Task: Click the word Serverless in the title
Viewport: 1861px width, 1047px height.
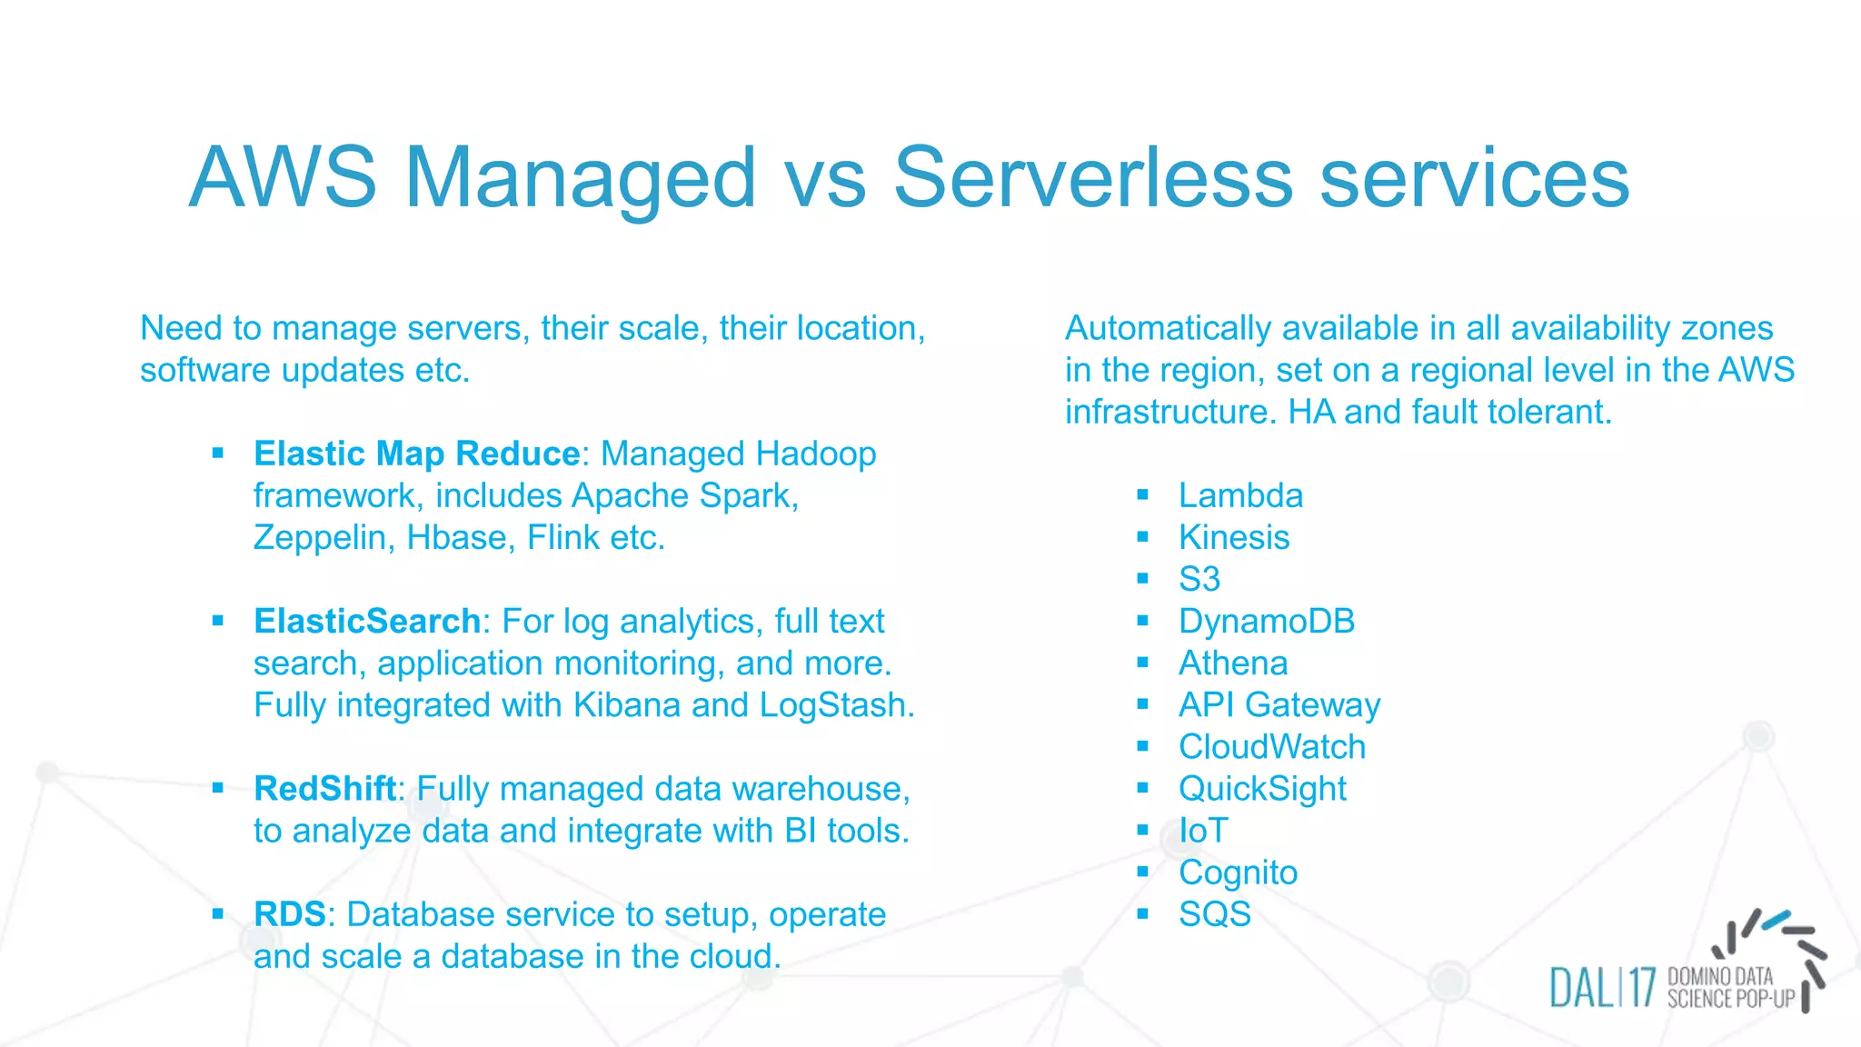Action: pos(1092,177)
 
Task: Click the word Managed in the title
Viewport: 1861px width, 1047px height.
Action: pos(580,177)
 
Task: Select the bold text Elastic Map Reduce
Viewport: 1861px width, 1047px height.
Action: pos(416,454)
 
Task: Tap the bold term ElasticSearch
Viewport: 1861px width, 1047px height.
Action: pos(367,622)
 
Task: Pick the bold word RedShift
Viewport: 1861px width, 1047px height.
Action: pos(324,789)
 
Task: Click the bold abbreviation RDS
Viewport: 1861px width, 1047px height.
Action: pos(289,914)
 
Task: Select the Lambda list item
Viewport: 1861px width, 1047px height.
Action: pos(1240,496)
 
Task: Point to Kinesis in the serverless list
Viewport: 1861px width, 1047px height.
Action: pos(1234,538)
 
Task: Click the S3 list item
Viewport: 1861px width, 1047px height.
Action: pos(1199,580)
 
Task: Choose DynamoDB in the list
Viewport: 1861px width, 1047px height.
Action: pos(1267,622)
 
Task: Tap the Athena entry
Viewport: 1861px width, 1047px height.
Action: pos(1233,663)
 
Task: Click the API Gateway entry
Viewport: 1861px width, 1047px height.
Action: pos(1279,705)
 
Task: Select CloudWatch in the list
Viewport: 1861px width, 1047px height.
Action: pos(1272,747)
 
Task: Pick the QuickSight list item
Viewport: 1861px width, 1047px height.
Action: pos(1262,789)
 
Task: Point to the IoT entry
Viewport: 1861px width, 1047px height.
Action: pos(1203,831)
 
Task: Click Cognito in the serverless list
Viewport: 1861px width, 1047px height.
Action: pos(1238,872)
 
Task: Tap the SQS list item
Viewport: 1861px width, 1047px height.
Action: pos(1215,914)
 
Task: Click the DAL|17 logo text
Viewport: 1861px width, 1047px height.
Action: pos(1602,988)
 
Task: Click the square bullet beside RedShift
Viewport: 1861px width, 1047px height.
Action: pos(218,788)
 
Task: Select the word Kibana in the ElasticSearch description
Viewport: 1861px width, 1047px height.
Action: pos(626,705)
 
